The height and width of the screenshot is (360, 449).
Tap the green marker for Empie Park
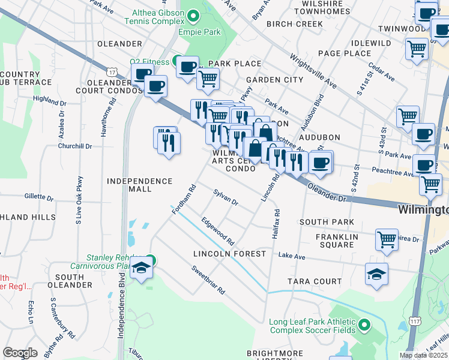point(193,15)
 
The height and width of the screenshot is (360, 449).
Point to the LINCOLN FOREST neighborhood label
point(229,254)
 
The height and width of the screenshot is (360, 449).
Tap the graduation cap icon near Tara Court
point(376,274)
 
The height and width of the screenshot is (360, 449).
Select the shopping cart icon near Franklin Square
point(387,239)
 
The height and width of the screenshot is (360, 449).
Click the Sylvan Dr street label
point(226,197)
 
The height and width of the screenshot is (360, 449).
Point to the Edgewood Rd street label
point(218,231)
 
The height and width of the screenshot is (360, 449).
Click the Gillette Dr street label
point(39,196)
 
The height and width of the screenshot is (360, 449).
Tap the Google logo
point(20,353)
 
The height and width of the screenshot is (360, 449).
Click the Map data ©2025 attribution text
point(423,355)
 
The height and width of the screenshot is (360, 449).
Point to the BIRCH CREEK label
point(294,24)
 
